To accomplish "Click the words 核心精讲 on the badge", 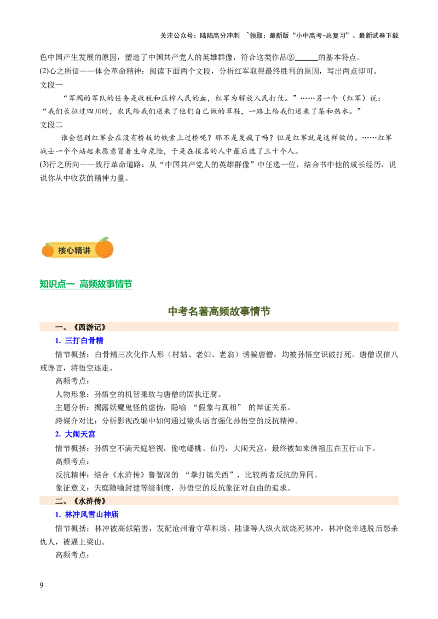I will pos(74,250).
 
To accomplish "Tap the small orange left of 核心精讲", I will pos(48,250).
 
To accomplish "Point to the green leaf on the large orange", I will pos(105,239).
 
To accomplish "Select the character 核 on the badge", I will pos(62,250).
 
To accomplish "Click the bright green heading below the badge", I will pos(85,284).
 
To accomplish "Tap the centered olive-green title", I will pos(219,311).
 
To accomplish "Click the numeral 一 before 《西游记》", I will pos(60,327).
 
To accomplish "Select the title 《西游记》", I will pos(89,327).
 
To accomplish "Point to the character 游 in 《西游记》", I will pos(89,327).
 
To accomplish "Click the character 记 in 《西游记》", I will pos(97,327).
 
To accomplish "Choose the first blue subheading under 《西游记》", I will pos(79,340).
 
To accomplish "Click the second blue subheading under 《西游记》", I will pos(76,435).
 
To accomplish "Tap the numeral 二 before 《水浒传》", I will pos(60,501).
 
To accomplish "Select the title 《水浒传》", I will pos(89,501).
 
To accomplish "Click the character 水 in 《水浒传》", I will pos(82,501).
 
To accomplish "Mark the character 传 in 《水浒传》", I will pos(97,501).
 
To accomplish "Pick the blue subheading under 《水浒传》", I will pos(88,514).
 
